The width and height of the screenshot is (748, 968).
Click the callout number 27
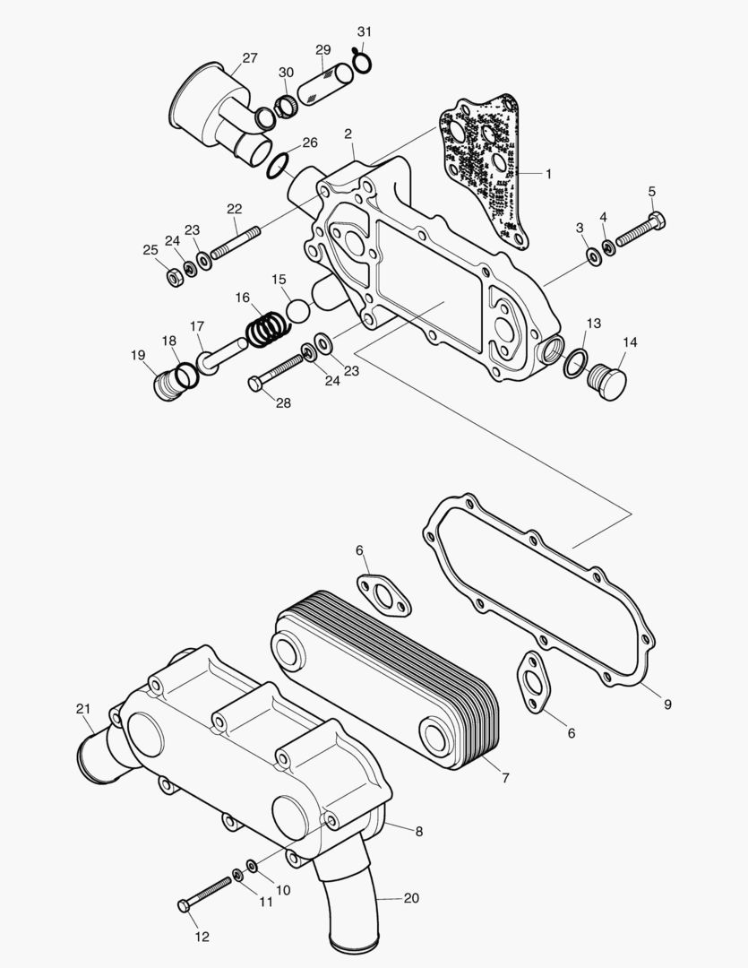tap(250, 58)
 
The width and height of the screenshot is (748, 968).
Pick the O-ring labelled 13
tap(574, 361)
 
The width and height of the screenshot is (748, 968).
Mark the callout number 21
tap(83, 709)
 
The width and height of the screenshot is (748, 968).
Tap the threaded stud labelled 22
tap(235, 242)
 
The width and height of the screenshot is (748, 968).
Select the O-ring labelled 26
tap(279, 165)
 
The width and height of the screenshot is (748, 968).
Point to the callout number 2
tap(348, 134)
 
